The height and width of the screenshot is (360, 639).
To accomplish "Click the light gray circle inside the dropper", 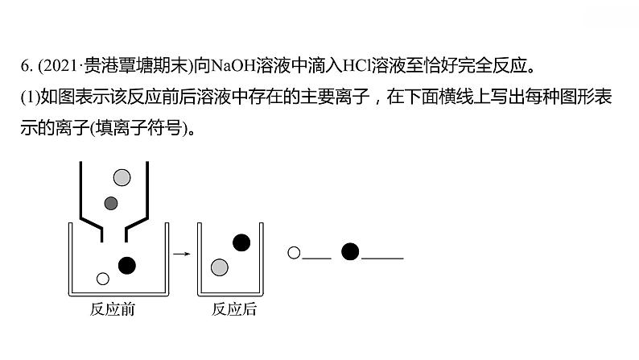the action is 122,177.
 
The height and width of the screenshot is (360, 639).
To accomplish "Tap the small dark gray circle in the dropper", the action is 112,202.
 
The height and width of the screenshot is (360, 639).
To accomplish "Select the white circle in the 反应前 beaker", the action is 102,279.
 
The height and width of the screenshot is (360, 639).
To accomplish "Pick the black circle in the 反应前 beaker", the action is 126,264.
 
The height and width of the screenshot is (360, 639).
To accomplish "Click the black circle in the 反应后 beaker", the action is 241,242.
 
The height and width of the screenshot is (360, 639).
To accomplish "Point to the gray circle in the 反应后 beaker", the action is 219,267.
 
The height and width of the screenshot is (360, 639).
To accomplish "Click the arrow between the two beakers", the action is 183,254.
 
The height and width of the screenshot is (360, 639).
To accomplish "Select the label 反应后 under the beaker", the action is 233,309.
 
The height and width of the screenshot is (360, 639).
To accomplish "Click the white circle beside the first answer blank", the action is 294,253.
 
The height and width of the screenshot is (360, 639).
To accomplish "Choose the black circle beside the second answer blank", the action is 349,252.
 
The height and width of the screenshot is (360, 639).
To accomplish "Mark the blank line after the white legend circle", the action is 317,259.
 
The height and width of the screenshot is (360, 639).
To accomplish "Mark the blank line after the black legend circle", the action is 382,259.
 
